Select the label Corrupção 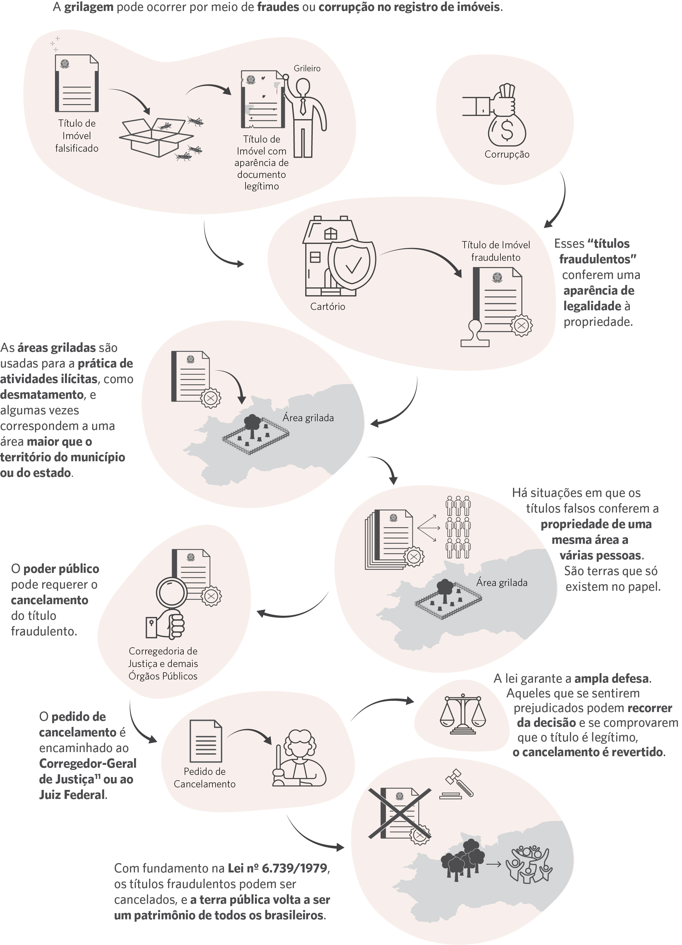[507, 154]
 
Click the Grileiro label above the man [307, 68]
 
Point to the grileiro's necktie [303, 106]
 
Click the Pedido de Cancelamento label [204, 777]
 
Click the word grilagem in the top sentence [89, 8]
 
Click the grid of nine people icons [458, 527]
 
